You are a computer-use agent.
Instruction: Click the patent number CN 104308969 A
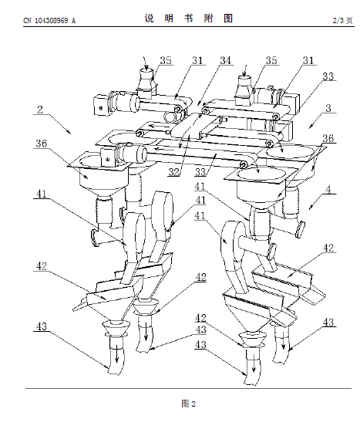click(x=49, y=21)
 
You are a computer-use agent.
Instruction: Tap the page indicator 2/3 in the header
click(x=338, y=20)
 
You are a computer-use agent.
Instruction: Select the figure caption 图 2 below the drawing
click(x=188, y=404)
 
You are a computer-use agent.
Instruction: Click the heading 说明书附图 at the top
click(x=189, y=19)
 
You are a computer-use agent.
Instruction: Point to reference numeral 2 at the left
click(x=40, y=110)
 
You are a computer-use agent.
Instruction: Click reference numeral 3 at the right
click(x=328, y=108)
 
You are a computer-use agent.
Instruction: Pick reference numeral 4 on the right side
click(x=328, y=190)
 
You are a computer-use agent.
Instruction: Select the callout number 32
click(x=174, y=172)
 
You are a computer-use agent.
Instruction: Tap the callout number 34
click(x=226, y=60)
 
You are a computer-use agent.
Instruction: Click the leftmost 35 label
click(x=166, y=60)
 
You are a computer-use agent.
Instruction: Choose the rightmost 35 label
click(x=271, y=60)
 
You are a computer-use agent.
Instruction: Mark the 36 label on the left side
click(x=41, y=144)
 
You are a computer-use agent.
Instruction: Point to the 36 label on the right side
click(x=328, y=138)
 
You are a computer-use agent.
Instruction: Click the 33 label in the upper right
click(x=328, y=76)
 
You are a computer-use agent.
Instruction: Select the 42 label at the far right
click(x=328, y=248)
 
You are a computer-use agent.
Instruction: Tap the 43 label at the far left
click(x=42, y=326)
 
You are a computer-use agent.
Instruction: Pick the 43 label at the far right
click(x=328, y=323)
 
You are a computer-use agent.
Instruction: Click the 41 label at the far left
click(x=42, y=194)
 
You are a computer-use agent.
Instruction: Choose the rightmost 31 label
click(x=308, y=60)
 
